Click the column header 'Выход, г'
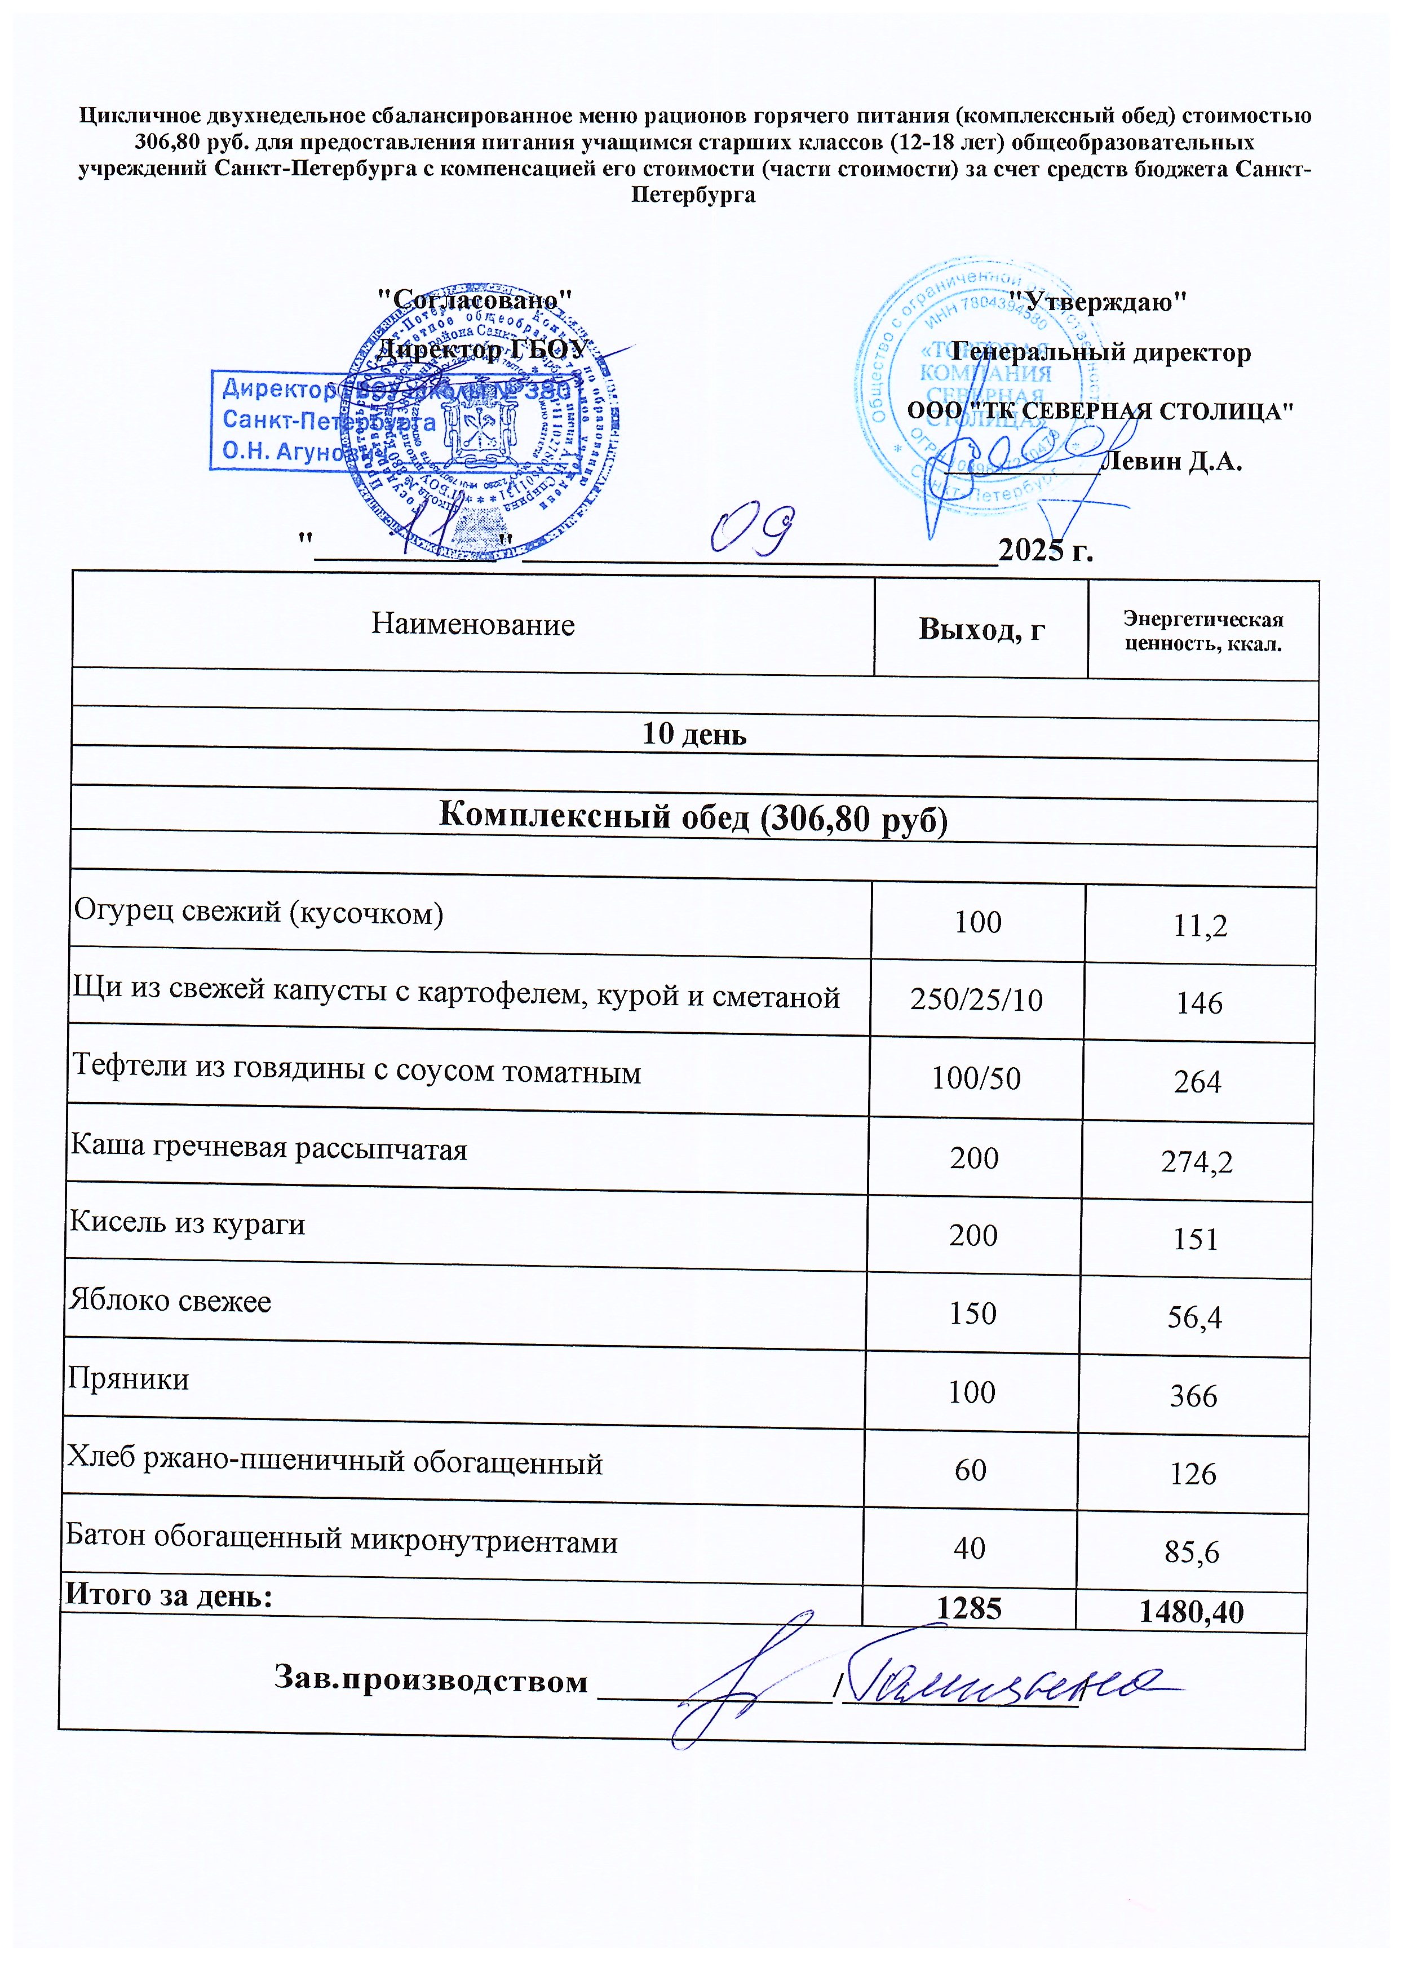click(981, 630)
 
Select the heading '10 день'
click(694, 735)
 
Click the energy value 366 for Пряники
click(1193, 1396)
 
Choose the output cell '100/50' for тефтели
click(975, 1079)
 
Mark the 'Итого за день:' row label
click(169, 1595)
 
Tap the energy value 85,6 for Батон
click(1192, 1553)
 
